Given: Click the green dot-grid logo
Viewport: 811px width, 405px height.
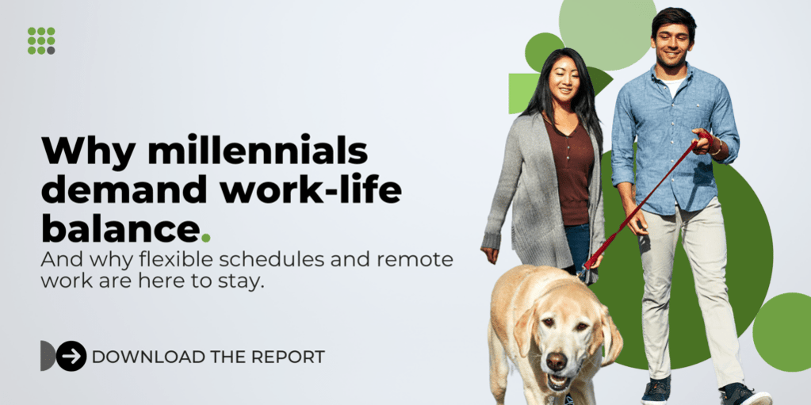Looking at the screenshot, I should pyautogui.click(x=41, y=40).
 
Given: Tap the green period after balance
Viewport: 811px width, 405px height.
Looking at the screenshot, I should pyautogui.click(x=206, y=236).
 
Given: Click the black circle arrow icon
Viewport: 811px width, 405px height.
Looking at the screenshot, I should pyautogui.click(x=71, y=356).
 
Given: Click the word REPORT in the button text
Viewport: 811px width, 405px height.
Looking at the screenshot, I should pyautogui.click(x=288, y=357).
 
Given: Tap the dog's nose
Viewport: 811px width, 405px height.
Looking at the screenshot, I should pyautogui.click(x=557, y=361).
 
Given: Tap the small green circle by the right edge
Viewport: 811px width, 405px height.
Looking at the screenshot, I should pyautogui.click(x=783, y=332).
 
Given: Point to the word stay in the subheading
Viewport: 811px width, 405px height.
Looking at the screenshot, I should pyautogui.click(x=242, y=282).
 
